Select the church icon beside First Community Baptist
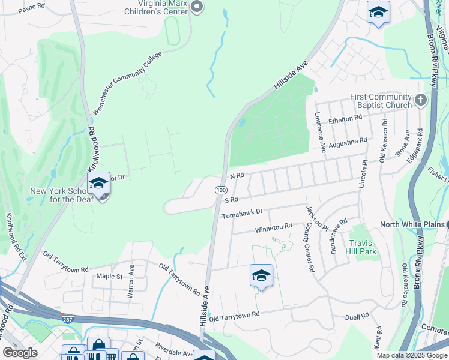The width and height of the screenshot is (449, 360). pyautogui.click(x=421, y=100)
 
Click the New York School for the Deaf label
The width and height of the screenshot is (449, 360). pyautogui.click(x=62, y=196)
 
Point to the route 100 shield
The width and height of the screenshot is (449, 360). pyautogui.click(x=220, y=189)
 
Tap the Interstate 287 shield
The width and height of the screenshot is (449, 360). pyautogui.click(x=68, y=317)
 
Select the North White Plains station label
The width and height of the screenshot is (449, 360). pyautogui.click(x=415, y=224)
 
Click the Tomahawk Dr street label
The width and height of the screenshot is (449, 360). pyautogui.click(x=243, y=213)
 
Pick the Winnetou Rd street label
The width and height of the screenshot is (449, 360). pyautogui.click(x=273, y=227)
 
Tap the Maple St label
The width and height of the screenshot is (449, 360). pyautogui.click(x=109, y=277)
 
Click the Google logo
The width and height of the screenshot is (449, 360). pyautogui.click(x=20, y=352)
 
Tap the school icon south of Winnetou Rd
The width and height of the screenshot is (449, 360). pyautogui.click(x=261, y=276)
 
